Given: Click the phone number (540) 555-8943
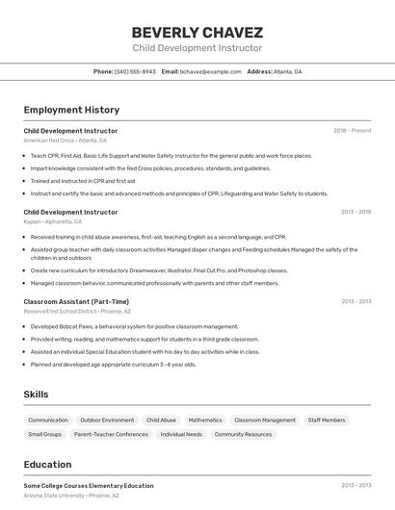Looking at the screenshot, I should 135,71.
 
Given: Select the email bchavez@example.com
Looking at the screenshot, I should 210,71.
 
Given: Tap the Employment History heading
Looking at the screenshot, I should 71,110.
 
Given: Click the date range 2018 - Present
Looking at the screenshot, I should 352,131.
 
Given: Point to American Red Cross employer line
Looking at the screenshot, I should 66,140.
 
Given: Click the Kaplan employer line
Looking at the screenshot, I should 53,221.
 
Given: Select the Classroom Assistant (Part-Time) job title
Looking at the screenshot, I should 76,301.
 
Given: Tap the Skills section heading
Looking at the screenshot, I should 37,395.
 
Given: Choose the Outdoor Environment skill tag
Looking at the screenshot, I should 107,421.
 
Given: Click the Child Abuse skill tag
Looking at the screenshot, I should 161,421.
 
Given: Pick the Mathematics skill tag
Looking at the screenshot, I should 205,421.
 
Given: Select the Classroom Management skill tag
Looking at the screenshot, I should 265,421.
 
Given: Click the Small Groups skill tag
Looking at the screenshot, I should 45,435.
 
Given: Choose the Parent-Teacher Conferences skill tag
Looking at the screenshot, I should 111,435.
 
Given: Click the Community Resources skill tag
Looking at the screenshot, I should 243,435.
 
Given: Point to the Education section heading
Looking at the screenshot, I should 47,464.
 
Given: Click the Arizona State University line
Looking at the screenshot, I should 71,496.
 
